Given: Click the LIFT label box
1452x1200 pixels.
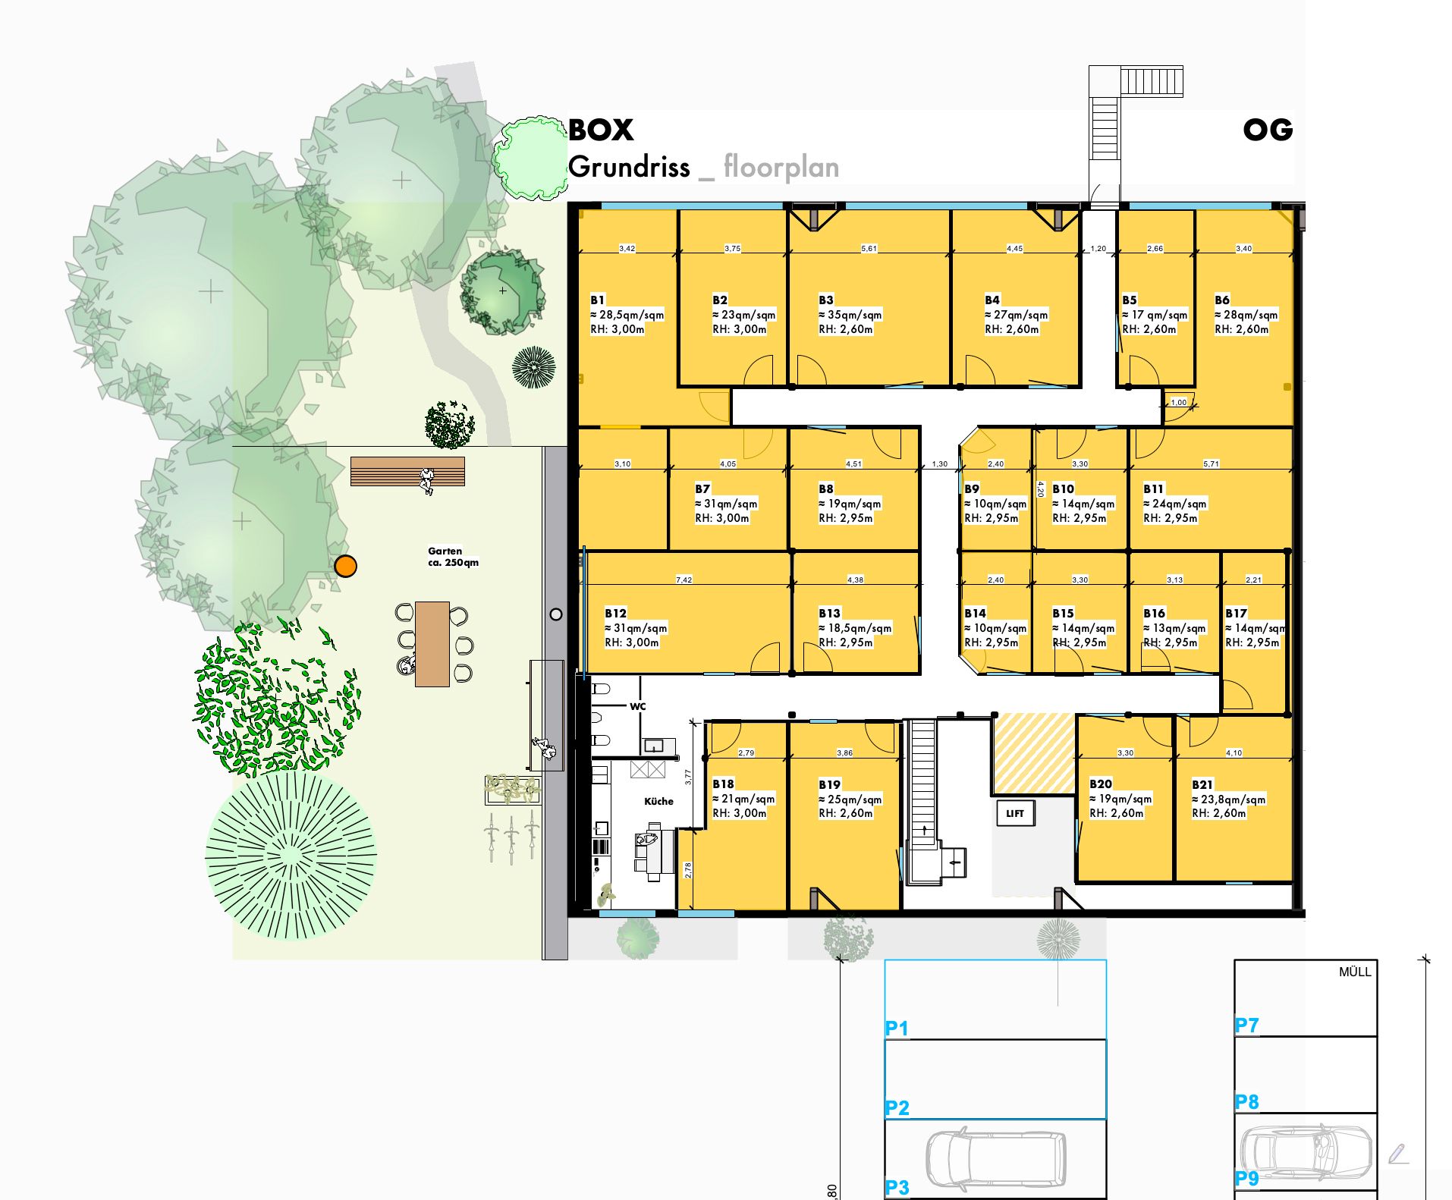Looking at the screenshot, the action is tap(1015, 813).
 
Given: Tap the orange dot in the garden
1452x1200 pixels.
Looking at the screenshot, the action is tap(345, 566).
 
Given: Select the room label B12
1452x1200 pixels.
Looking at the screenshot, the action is tap(615, 613).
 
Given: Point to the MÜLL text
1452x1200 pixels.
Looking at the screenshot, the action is tap(1355, 972).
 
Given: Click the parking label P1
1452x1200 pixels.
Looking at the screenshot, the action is tap(897, 1029).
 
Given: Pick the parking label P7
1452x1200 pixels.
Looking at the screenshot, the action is tap(1246, 1026).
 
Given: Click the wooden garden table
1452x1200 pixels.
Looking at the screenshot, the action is tap(432, 643).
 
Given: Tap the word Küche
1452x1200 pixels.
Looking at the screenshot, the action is tap(658, 801).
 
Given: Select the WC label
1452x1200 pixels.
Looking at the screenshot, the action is tap(638, 706).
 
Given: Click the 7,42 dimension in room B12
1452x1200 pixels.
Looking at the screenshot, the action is tap(684, 580).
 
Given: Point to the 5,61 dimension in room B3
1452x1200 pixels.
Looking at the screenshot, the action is tap(869, 248).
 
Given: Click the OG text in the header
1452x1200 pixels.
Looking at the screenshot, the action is tap(1268, 130).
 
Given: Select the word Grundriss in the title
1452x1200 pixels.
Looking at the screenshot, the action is tap(629, 167).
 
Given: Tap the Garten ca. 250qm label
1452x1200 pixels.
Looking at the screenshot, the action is tap(453, 557).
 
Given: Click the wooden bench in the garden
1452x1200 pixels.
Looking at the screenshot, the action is tap(407, 471).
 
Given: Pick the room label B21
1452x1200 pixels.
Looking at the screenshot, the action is tap(1202, 784).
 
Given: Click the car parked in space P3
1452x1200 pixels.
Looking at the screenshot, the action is tap(995, 1160).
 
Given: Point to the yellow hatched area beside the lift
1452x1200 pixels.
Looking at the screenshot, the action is tap(1034, 753).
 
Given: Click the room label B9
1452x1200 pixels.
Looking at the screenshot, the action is tap(972, 489).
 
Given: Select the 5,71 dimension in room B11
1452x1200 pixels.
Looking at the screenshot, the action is tap(1211, 463).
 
